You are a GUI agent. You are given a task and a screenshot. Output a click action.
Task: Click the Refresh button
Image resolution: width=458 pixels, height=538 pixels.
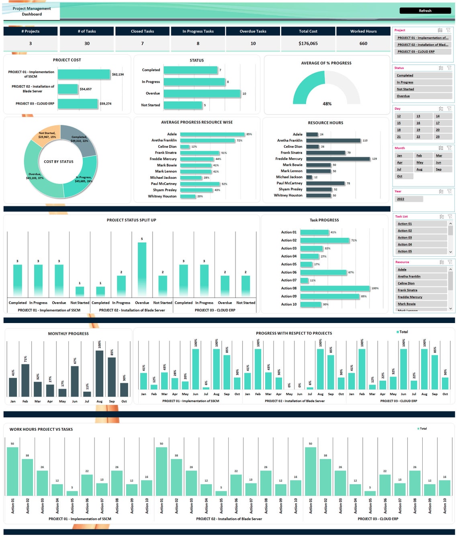click(x=425, y=11)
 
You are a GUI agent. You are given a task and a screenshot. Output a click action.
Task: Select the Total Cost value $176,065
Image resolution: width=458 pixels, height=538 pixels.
click(x=308, y=43)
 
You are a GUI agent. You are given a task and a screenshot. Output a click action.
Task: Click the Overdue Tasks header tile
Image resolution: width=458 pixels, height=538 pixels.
click(x=253, y=31)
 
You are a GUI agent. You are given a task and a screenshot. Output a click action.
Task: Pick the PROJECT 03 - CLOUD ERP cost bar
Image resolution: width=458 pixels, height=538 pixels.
click(x=78, y=104)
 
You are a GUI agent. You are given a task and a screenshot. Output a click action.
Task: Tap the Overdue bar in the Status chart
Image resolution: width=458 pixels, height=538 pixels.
click(x=202, y=94)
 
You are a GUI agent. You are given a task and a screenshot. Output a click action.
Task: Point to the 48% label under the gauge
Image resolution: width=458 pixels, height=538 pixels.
click(x=327, y=104)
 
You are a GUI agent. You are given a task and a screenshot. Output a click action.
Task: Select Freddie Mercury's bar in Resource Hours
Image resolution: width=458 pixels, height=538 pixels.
click(x=338, y=159)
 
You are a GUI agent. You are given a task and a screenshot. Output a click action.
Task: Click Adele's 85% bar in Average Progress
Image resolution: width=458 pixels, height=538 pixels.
click(x=212, y=134)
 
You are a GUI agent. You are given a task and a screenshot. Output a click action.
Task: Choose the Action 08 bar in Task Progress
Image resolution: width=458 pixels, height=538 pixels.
click(x=335, y=288)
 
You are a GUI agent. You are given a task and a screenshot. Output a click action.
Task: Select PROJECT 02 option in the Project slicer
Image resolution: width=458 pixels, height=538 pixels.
click(x=423, y=45)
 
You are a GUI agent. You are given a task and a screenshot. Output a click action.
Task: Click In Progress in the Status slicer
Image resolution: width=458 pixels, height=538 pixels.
click(x=405, y=82)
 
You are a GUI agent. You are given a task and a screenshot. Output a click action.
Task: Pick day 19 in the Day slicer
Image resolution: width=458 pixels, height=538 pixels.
click(x=418, y=130)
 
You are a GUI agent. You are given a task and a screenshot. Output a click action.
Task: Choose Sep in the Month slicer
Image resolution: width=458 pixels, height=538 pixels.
click(x=439, y=170)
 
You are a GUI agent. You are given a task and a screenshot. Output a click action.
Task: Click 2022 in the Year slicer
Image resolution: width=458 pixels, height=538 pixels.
click(x=401, y=199)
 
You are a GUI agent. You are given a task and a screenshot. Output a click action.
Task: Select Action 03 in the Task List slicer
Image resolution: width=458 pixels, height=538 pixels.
click(x=405, y=237)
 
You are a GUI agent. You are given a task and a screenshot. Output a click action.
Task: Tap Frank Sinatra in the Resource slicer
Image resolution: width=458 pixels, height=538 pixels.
click(x=407, y=290)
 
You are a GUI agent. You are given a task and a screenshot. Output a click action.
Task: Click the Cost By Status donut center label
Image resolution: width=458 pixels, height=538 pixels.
click(x=59, y=162)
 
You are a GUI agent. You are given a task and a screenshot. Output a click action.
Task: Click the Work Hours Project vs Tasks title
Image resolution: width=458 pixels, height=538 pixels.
click(x=41, y=429)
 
